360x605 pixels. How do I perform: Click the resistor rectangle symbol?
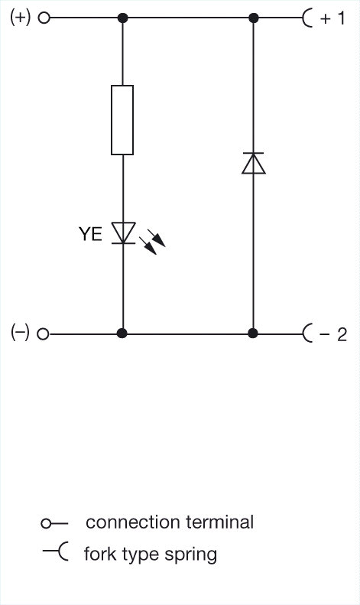(x=122, y=120)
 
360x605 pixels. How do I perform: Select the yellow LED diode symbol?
(x=123, y=233)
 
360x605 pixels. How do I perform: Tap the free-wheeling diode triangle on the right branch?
(x=253, y=163)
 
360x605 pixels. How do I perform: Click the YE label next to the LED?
(x=91, y=234)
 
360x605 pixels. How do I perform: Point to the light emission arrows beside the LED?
(x=152, y=242)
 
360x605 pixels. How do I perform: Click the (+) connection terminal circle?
(x=44, y=18)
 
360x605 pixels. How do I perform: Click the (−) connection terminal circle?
(x=43, y=333)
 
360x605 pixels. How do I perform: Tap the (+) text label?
(x=20, y=18)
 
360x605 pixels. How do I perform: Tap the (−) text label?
(x=20, y=333)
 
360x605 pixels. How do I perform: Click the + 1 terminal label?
(x=332, y=18)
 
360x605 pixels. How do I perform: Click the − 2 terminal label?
(x=333, y=334)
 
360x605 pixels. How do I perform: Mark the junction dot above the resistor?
(x=122, y=18)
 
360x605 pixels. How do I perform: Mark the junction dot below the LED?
(x=122, y=333)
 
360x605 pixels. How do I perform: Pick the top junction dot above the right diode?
(x=253, y=18)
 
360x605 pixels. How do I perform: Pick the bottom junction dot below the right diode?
(x=253, y=333)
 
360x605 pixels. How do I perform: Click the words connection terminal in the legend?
(x=170, y=522)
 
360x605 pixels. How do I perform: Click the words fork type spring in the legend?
(x=151, y=555)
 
